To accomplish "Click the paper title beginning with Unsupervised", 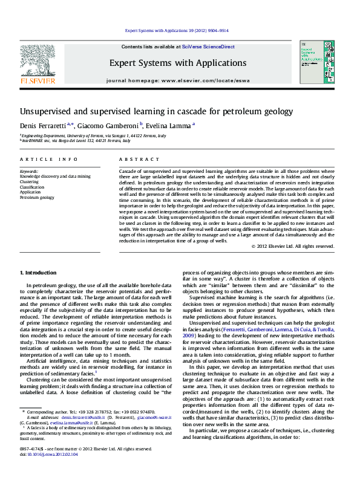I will click(156, 112).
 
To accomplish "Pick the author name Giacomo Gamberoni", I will click(108, 125).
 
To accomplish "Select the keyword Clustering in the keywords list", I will click(28, 181).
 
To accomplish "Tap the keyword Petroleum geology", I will click(36, 198).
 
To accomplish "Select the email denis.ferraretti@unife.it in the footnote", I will click(81, 418).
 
